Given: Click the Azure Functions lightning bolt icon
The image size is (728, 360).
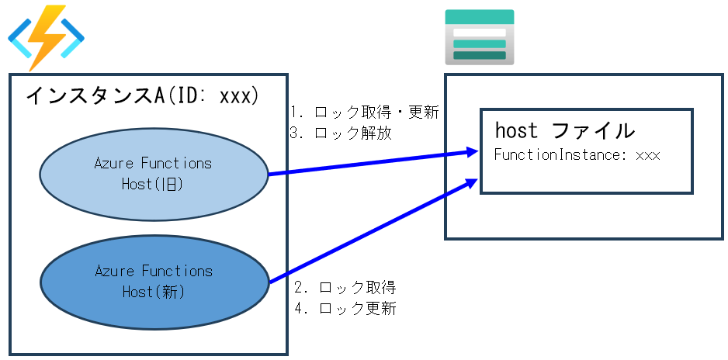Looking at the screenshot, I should tap(46, 38).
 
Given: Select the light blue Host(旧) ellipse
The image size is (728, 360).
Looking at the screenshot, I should tap(153, 174).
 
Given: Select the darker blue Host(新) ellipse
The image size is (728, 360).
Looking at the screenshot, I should tap(153, 281).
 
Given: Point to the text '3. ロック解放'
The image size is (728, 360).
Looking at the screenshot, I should tap(341, 133).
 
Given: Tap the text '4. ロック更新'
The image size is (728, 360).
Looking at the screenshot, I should tap(345, 309).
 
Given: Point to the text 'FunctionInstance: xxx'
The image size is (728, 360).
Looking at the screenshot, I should tap(576, 154).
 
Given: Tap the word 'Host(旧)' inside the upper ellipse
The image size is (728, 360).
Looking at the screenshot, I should tap(152, 184).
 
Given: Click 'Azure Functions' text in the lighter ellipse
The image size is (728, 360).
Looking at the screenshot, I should tap(153, 164).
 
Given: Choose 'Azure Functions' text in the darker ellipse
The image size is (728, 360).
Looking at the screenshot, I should tap(153, 271).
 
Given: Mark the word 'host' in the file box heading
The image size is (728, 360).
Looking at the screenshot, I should tap(516, 130).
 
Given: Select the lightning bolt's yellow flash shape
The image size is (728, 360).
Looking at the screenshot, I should tap(46, 36).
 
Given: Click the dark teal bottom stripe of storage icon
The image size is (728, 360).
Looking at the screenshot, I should tap(479, 55).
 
